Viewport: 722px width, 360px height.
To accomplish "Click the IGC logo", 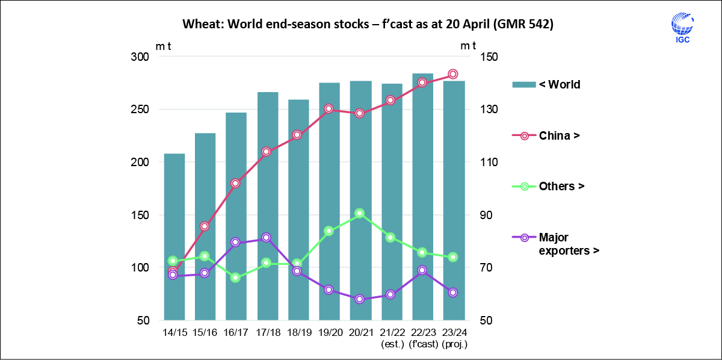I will coord(682,29).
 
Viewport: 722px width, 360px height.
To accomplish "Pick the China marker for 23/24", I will coord(454,74).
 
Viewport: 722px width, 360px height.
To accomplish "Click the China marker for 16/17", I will coord(236,183).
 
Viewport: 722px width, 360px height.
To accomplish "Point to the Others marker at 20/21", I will coord(360,213).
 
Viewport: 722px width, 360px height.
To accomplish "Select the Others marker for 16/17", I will coord(236,278).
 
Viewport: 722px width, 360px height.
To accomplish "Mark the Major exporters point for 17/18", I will coord(267,238).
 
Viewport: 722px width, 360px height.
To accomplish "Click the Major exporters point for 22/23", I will coord(422,270).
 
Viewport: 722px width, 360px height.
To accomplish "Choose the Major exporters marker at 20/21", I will coord(360,299).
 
